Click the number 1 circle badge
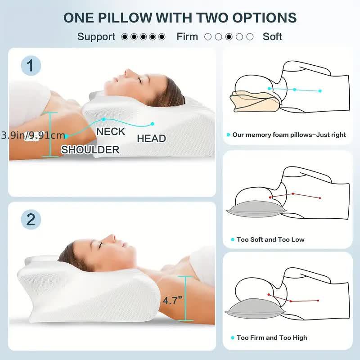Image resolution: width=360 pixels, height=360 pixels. [x=31, y=66]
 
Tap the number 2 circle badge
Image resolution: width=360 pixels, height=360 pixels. [x=31, y=219]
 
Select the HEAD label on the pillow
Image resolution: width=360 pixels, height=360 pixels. [x=151, y=139]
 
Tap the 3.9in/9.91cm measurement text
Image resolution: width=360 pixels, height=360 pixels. [x=32, y=135]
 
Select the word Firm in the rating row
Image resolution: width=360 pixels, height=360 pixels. [x=187, y=36]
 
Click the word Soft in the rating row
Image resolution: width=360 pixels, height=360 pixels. [x=272, y=36]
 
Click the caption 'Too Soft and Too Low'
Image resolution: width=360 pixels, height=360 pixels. [x=270, y=239]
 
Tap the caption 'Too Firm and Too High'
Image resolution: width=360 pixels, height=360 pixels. [x=272, y=337]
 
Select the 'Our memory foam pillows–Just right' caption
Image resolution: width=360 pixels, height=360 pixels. [x=289, y=135]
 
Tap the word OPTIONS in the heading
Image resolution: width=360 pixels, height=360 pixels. [x=267, y=18]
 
